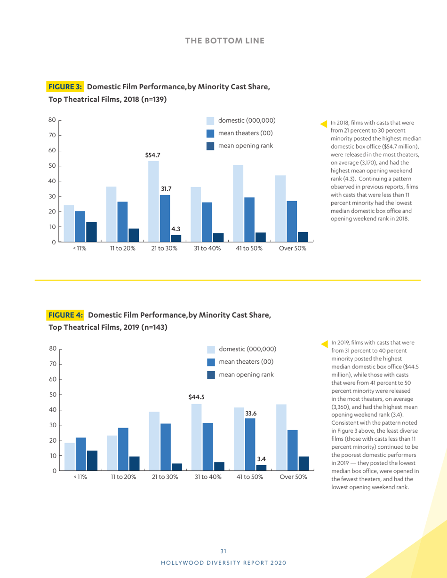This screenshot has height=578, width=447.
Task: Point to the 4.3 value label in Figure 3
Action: click(176, 229)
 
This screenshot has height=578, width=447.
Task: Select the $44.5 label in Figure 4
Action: click(196, 397)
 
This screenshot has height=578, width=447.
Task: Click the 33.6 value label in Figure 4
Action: click(251, 413)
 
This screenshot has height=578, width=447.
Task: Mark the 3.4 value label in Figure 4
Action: click(262, 458)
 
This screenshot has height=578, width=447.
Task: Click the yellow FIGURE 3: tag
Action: click(65, 86)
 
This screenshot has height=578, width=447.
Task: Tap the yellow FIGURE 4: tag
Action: click(65, 315)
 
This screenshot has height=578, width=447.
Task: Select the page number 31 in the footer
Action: click(223, 551)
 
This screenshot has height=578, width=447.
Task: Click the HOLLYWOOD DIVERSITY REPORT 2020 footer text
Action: click(223, 562)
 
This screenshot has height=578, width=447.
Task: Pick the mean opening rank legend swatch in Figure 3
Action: click(211, 146)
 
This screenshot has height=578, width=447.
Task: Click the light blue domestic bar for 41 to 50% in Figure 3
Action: click(238, 203)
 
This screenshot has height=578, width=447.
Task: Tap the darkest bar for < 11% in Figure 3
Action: click(91, 232)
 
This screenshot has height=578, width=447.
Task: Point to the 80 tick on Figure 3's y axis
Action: click(52, 120)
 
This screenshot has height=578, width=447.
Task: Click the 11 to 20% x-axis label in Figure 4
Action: click(123, 477)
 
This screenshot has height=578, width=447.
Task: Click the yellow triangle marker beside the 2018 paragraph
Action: click(324, 124)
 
